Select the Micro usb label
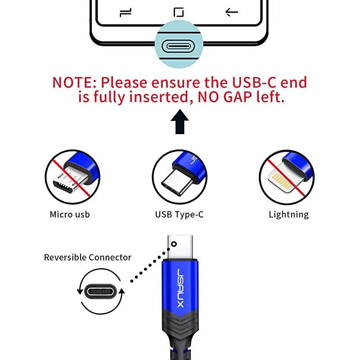(x=70, y=214)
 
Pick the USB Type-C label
(x=179, y=214)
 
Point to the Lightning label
(x=288, y=214)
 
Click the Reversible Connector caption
(x=87, y=257)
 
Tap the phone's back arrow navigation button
(x=232, y=12)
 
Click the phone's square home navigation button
(x=179, y=12)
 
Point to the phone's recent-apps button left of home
(x=126, y=13)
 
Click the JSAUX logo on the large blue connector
(x=180, y=288)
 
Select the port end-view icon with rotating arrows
(x=101, y=291)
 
